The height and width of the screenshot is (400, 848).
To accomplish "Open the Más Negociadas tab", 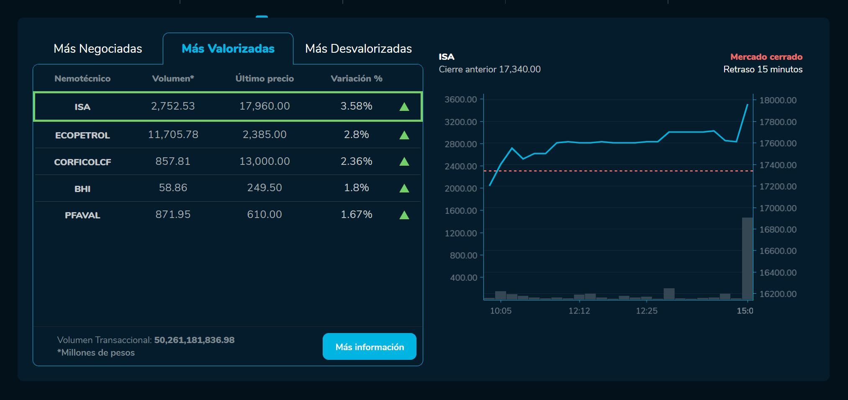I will tap(98, 49).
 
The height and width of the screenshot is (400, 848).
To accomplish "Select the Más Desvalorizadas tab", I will tap(358, 49).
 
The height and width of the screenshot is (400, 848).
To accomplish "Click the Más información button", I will tap(369, 346).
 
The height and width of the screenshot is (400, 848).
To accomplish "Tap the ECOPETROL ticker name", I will tap(82, 135).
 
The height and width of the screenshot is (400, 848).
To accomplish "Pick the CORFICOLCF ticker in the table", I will tap(82, 162).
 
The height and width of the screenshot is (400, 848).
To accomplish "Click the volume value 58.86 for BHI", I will tap(173, 187).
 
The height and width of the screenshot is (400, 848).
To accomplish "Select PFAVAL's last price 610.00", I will tap(265, 214).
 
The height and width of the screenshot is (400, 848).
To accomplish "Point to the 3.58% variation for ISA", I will tap(356, 106).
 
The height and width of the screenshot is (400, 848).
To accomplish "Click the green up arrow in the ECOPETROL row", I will tap(404, 135).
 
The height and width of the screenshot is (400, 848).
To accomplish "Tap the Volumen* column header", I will tap(173, 79).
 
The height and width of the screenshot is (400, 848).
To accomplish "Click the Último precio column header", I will tap(265, 79).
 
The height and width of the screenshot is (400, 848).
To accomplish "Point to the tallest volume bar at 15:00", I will tap(747, 258).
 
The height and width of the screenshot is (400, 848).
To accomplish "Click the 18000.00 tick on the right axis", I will tap(778, 100).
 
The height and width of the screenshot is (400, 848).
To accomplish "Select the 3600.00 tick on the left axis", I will tap(460, 100).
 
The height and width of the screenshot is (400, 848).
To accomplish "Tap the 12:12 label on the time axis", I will tap(579, 311).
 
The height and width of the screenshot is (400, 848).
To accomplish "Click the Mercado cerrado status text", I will tap(766, 57).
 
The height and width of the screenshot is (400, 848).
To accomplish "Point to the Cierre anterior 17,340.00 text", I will tap(490, 69).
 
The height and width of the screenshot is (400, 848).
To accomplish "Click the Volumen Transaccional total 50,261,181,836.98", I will tap(194, 340).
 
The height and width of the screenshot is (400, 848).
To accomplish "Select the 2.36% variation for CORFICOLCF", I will tap(356, 162).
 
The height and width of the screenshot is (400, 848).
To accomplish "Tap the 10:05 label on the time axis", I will tap(501, 311).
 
